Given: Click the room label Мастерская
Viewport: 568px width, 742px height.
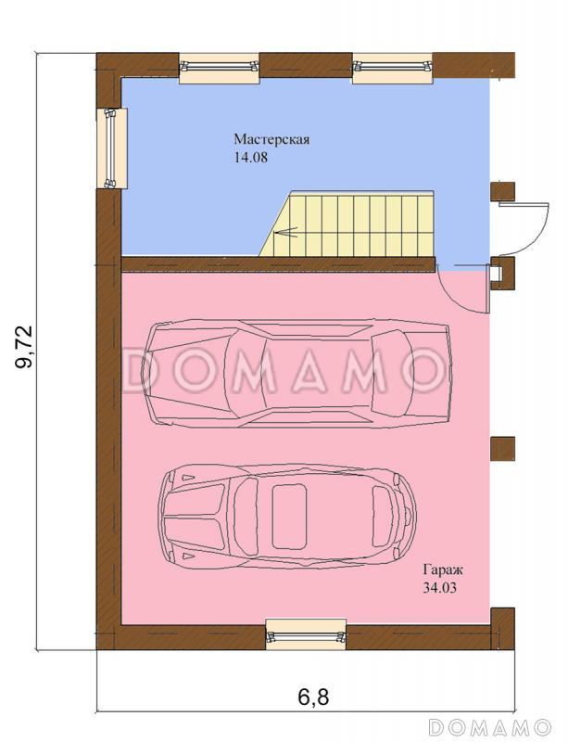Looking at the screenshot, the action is (271, 140).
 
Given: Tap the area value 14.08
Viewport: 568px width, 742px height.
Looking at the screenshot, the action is (251, 158).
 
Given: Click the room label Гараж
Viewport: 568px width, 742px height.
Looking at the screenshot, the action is (443, 570).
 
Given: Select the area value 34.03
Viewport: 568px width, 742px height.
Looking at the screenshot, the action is (440, 588).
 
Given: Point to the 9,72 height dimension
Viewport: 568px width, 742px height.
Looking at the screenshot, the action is (24, 347).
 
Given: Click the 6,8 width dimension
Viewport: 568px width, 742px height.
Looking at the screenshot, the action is (313, 697).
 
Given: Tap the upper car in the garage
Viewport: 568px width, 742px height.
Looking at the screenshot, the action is (299, 375).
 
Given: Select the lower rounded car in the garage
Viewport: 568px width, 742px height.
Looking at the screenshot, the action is (287, 516).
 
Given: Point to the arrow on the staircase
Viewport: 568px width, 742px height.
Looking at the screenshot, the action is (286, 233).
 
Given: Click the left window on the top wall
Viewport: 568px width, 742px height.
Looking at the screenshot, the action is (220, 68).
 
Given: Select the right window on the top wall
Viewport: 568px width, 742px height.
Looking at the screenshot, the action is (393, 68).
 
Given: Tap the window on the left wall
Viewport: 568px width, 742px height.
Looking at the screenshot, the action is (111, 148).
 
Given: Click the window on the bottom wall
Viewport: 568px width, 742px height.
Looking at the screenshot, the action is (306, 634).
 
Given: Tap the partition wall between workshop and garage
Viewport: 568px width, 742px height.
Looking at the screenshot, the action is (278, 264).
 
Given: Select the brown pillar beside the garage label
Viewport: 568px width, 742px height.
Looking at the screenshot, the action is (503, 449).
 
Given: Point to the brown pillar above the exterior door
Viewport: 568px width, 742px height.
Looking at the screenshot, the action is (503, 192).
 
